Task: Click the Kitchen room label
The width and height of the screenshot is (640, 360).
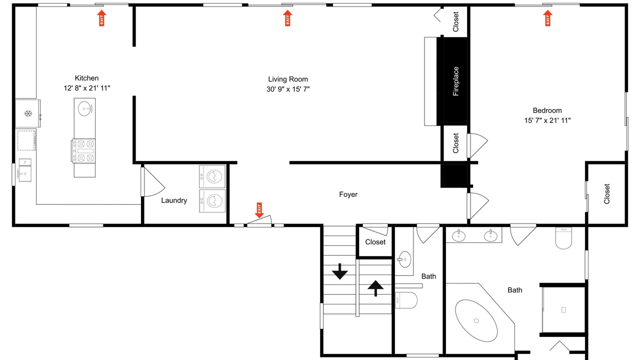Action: (x=86, y=78)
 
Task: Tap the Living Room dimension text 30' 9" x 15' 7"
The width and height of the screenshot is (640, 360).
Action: (x=288, y=89)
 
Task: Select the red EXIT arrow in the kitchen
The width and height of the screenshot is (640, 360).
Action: (x=101, y=18)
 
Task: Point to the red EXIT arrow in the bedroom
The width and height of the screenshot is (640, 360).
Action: (x=547, y=18)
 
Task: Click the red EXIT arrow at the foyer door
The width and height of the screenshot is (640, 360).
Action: (x=259, y=210)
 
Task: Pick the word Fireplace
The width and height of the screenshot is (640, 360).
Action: (x=455, y=81)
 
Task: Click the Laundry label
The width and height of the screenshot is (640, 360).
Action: (x=174, y=200)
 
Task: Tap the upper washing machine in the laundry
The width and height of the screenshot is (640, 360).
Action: (x=212, y=176)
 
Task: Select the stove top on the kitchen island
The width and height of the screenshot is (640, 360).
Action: (x=83, y=151)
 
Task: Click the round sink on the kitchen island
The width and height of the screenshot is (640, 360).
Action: (x=85, y=108)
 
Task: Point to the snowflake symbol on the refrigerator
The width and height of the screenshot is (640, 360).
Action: (x=27, y=113)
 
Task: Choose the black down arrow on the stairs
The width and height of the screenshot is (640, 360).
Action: (x=339, y=271)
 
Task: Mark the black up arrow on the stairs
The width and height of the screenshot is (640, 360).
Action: (x=375, y=288)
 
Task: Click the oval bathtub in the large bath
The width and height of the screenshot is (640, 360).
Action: (x=476, y=320)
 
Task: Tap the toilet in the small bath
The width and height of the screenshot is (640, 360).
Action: (x=406, y=300)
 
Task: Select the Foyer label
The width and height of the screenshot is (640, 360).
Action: (x=348, y=194)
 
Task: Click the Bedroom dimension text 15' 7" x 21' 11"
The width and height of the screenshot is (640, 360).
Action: (x=547, y=120)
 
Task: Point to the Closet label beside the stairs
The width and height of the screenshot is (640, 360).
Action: (x=375, y=242)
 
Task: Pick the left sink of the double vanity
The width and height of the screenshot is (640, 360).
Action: (x=458, y=235)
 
